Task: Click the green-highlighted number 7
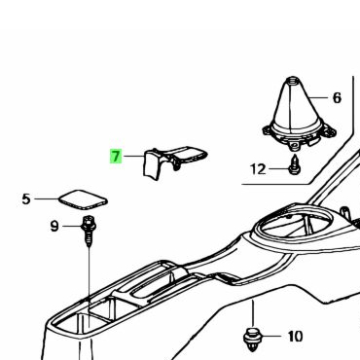(116, 157)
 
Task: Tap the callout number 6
(337, 97)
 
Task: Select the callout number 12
(258, 169)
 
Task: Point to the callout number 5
(26, 198)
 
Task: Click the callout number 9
(54, 226)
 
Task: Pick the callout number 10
(295, 337)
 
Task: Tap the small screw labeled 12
(294, 164)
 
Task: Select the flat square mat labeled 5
(83, 199)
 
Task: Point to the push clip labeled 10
(252, 339)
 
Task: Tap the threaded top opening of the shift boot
(293, 79)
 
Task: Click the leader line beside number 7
(133, 157)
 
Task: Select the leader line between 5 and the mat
(47, 198)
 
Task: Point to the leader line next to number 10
(271, 336)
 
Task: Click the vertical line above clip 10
(253, 314)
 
